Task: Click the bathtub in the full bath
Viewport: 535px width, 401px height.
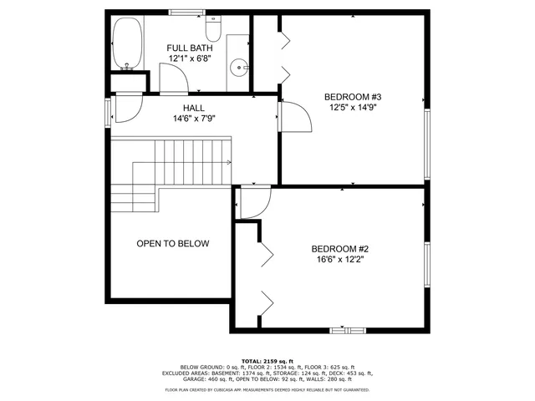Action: pos(128,43)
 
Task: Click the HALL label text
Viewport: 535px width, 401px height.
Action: pos(193,109)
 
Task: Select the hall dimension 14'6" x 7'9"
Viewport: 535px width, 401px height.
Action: pos(193,119)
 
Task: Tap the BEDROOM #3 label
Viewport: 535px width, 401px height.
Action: pos(351,97)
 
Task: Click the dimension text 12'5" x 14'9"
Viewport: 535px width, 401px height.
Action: pos(351,108)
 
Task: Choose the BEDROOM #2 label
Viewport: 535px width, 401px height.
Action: pos(340,249)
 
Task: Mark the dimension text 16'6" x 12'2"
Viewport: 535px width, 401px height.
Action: pos(340,260)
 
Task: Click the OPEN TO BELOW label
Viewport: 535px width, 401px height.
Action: pos(172,244)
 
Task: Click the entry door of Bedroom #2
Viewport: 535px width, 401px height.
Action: pos(254,203)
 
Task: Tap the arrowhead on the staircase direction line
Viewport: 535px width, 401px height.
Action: pos(228,162)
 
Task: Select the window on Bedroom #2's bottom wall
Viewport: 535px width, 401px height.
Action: pos(347,330)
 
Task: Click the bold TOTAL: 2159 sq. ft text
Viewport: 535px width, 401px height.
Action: pos(267,361)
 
